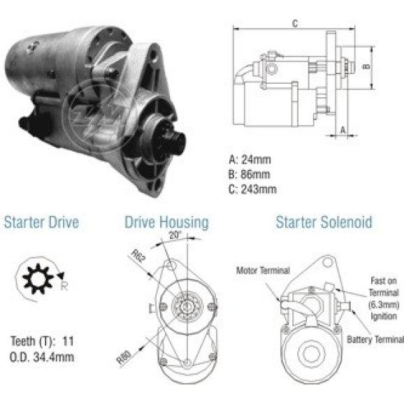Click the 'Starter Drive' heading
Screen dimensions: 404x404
41,222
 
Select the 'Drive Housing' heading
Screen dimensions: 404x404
166,222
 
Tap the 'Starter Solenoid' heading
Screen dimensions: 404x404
324,222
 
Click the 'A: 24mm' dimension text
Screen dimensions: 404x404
250,160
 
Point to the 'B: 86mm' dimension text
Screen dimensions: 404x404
249,175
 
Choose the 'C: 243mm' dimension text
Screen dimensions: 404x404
252,189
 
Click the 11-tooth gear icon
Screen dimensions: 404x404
38,279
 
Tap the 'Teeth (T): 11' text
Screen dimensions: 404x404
42,341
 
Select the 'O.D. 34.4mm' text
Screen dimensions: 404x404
42,357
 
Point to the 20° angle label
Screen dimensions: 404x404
175,235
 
